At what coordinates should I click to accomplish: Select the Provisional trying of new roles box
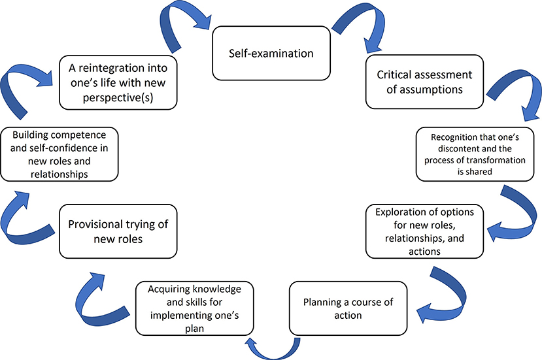(x=118, y=231)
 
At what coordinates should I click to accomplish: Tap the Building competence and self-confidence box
(x=59, y=154)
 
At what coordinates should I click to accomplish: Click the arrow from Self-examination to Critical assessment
(x=354, y=29)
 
